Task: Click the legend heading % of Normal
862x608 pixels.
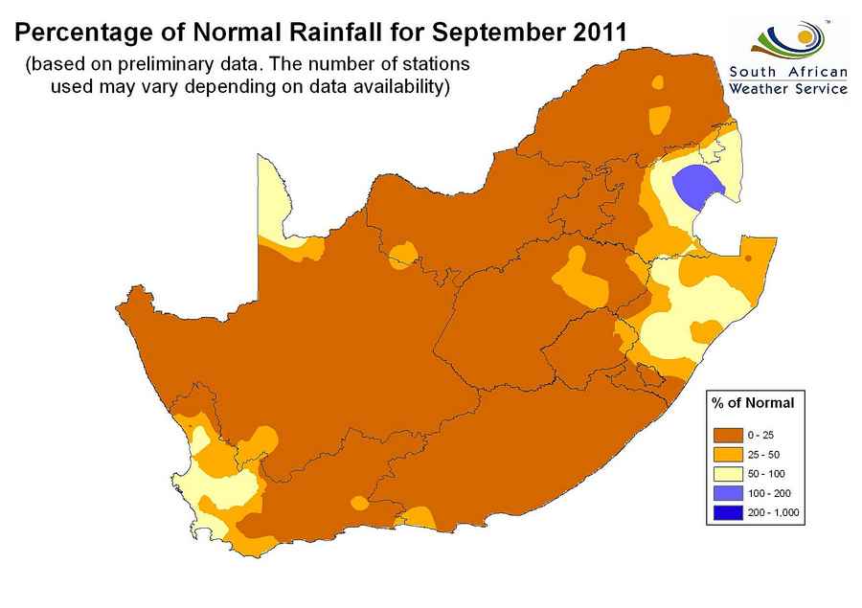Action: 753,402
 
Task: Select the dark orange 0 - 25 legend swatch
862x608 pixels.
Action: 727,435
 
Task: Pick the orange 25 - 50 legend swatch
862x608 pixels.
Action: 727,454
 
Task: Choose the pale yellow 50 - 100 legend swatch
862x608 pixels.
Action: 727,474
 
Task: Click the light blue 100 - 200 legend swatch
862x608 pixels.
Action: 727,493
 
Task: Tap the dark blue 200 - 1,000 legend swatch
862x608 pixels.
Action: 727,513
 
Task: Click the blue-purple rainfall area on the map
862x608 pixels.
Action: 694,186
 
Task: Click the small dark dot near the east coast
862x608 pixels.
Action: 747,257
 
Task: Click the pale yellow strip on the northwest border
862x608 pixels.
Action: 273,201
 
